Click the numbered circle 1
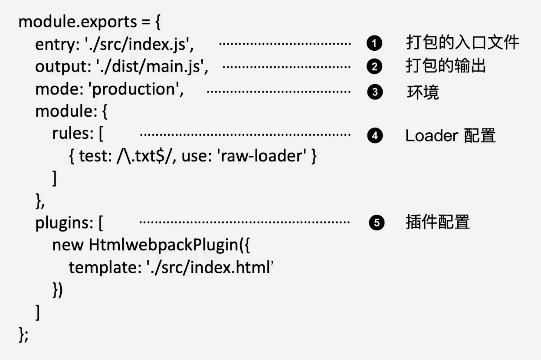[374, 43]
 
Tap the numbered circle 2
[374, 66]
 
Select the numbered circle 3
[375, 92]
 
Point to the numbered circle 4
[375, 135]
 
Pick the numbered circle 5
[377, 223]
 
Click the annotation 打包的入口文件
[462, 43]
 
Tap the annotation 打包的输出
[446, 65]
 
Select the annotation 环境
[423, 92]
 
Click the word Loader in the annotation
[432, 135]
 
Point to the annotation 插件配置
[438, 222]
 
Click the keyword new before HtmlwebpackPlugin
[68, 245]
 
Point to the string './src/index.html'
[210, 268]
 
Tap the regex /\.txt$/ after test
[144, 156]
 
